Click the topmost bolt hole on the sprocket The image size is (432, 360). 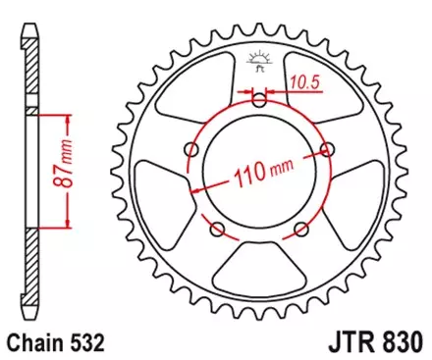[x=259, y=100]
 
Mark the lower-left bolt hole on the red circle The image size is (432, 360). [x=218, y=230]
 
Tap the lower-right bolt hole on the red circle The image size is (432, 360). [x=300, y=230]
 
